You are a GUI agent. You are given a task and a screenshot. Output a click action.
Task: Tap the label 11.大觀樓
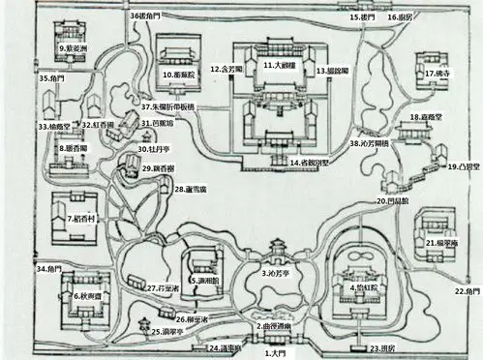281,65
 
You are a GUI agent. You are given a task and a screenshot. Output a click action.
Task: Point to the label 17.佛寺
440,74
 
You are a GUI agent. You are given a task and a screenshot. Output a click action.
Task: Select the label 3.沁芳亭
280,274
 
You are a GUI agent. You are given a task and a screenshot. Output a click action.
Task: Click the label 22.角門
468,291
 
